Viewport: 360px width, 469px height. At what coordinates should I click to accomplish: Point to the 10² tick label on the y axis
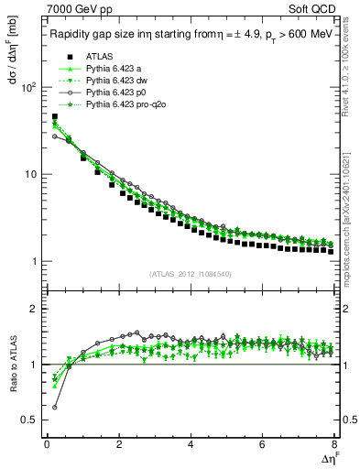click(x=27, y=88)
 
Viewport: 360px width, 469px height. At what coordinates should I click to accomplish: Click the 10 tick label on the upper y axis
click(x=28, y=174)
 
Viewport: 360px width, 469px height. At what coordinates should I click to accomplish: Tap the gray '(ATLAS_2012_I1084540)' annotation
click(x=191, y=275)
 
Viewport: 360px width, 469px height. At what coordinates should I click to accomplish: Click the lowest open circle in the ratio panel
click(x=54, y=408)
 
